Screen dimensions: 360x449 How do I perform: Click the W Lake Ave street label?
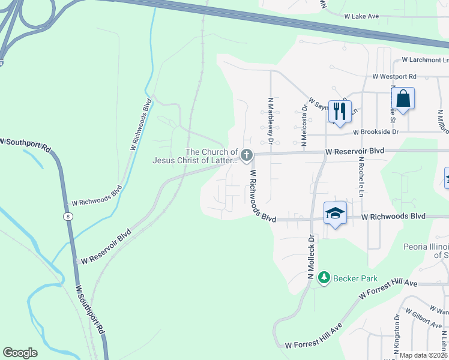[x=361, y=16]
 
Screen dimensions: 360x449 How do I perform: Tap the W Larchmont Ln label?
[x=425, y=60]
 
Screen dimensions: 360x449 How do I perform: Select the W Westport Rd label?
[x=394, y=77]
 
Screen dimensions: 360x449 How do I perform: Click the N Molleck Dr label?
[x=311, y=257]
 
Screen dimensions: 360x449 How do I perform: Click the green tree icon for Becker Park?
[x=324, y=277]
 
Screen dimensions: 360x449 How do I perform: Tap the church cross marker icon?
[x=246, y=156]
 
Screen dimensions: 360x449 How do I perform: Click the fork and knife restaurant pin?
[x=340, y=111]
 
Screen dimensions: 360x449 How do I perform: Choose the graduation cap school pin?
[x=336, y=212]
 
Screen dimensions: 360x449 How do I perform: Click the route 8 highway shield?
[x=67, y=216]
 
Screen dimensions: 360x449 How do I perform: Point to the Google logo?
[x=20, y=352]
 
